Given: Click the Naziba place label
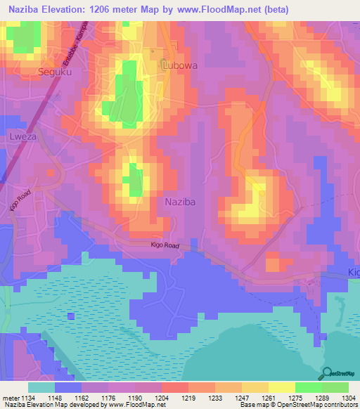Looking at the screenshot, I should click(180, 202).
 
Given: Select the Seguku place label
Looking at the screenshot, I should click(56, 72).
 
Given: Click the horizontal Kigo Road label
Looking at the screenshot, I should click(165, 246).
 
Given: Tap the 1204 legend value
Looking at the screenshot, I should click(161, 397).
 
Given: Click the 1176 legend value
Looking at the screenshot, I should click(108, 397).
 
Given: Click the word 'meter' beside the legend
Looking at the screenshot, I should click(10, 397).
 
